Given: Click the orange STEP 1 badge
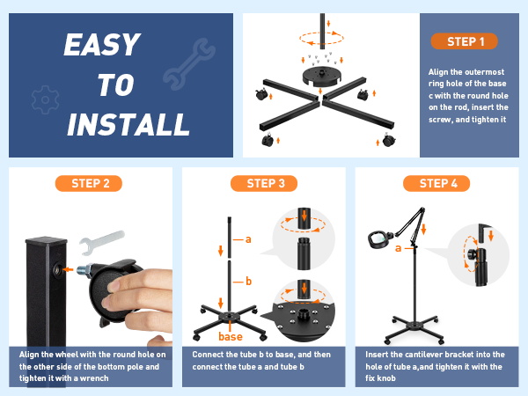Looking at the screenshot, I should click(x=465, y=41).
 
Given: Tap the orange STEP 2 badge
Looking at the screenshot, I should click(x=89, y=183).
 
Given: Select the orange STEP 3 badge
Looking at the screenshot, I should click(x=261, y=183).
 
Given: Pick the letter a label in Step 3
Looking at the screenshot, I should click(x=249, y=238).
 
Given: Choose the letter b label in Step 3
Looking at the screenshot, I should click(x=249, y=282).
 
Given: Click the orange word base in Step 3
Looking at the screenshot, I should click(x=231, y=335).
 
